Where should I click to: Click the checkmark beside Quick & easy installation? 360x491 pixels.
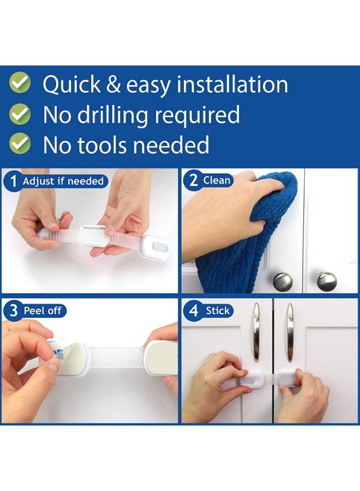point(20,83)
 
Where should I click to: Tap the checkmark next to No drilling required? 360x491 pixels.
point(20,114)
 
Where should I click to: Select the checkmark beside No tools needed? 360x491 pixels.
point(20,143)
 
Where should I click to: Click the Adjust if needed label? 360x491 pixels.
point(63,181)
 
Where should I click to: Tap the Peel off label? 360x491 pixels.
point(43,311)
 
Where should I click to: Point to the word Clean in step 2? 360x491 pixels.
point(217,180)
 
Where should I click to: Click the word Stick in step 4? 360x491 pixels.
point(218,311)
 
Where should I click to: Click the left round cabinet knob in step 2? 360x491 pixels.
point(283,282)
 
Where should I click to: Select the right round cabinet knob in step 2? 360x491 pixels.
point(327,281)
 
